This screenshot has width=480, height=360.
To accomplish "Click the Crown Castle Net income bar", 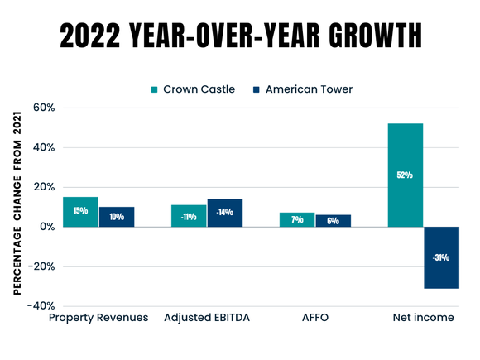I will click(x=406, y=175).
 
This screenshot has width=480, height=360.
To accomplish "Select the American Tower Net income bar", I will click(x=441, y=257).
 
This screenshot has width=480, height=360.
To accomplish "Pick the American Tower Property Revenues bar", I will click(x=116, y=217).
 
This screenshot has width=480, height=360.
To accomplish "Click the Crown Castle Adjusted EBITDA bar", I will click(x=189, y=215).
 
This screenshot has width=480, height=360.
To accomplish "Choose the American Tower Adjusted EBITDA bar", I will click(x=224, y=213).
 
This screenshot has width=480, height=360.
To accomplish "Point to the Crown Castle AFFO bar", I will click(x=297, y=219).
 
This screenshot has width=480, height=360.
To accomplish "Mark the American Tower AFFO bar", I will click(x=333, y=220).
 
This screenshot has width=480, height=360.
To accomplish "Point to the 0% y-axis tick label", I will click(x=46, y=227).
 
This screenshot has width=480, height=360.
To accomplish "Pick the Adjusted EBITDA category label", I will click(x=206, y=318).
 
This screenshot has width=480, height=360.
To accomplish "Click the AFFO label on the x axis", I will click(x=314, y=318).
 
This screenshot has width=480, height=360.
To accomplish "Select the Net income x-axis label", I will click(x=423, y=318).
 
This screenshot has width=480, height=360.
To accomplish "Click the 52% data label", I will click(x=406, y=175).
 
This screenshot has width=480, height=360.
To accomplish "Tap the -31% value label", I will click(x=441, y=257).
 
